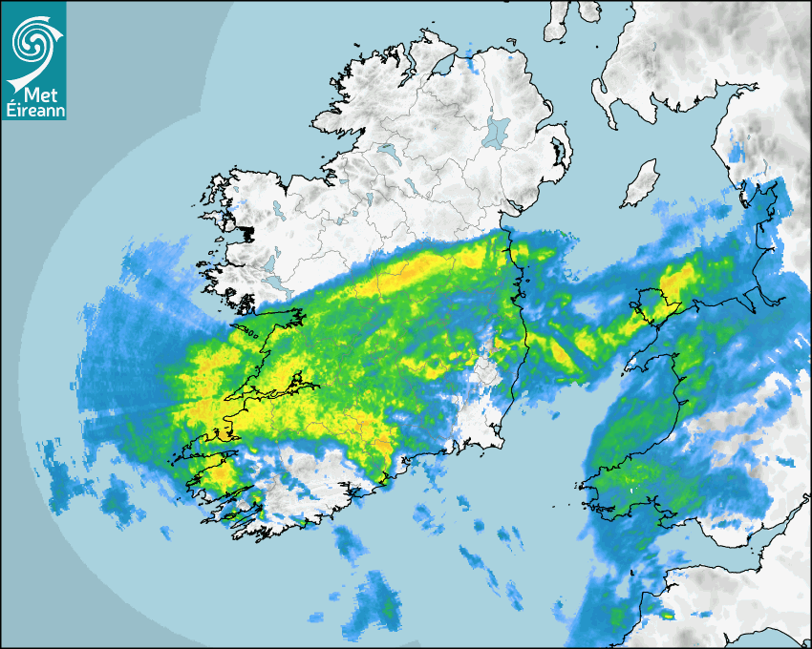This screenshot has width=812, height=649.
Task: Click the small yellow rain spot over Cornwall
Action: click(668, 616)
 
